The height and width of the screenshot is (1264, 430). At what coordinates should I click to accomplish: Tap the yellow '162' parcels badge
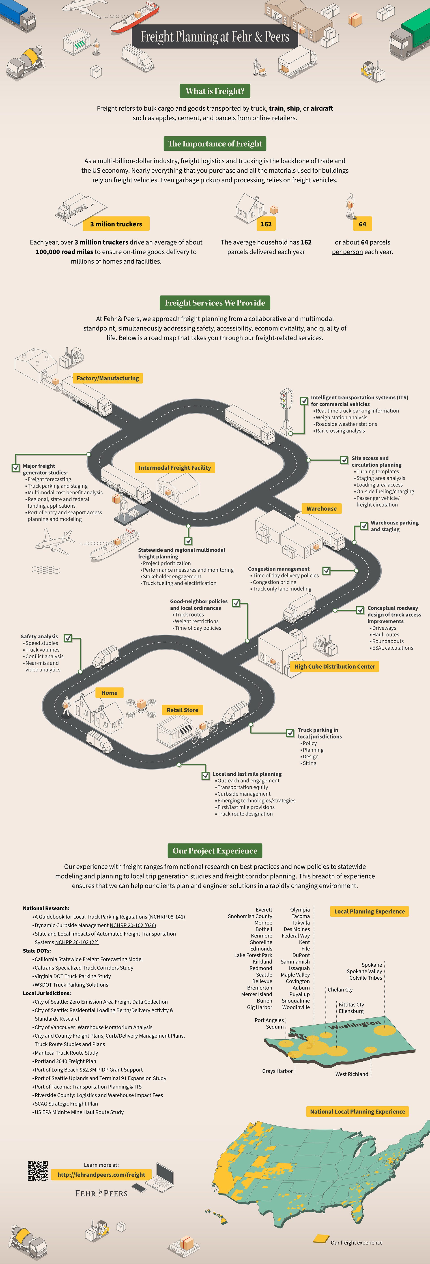(x=266, y=224)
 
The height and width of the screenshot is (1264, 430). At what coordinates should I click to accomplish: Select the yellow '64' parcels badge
(x=362, y=224)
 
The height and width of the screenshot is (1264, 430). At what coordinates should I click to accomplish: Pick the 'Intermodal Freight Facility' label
(x=175, y=468)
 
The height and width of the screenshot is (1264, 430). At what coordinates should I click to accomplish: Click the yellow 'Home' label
(x=110, y=693)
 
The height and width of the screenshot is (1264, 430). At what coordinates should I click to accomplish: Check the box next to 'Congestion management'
(x=327, y=571)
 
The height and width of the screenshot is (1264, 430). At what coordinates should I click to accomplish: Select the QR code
(x=38, y=1170)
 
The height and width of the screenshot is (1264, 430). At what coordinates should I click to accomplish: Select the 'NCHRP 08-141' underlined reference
(x=167, y=917)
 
